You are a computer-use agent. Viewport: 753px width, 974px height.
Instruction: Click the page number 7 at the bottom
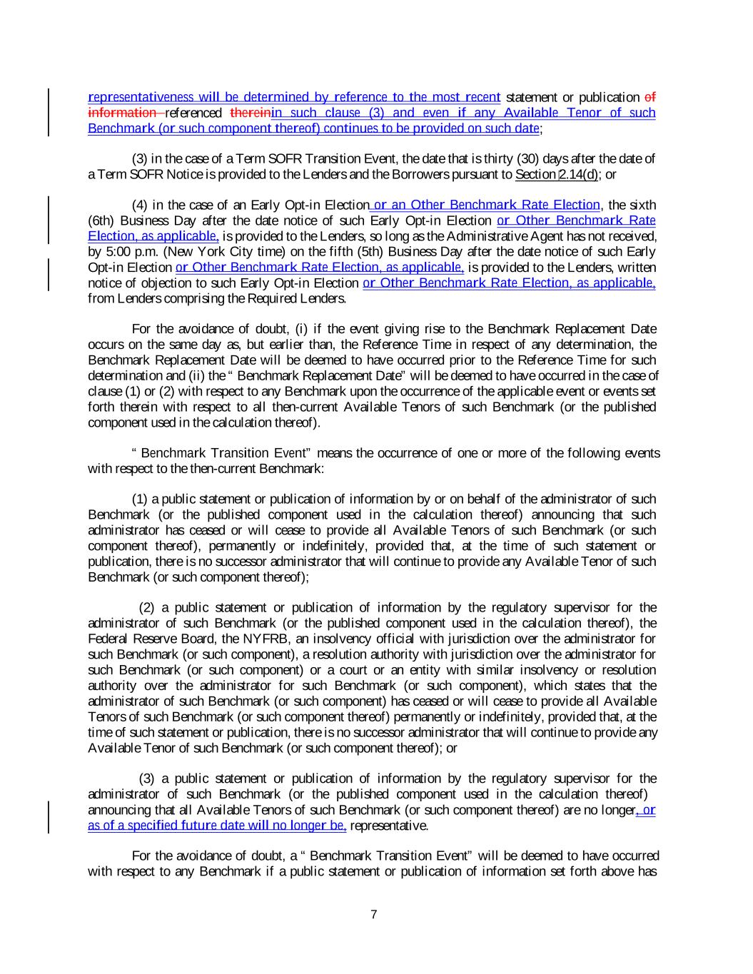click(x=374, y=915)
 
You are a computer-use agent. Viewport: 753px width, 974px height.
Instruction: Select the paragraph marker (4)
click(x=141, y=206)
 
